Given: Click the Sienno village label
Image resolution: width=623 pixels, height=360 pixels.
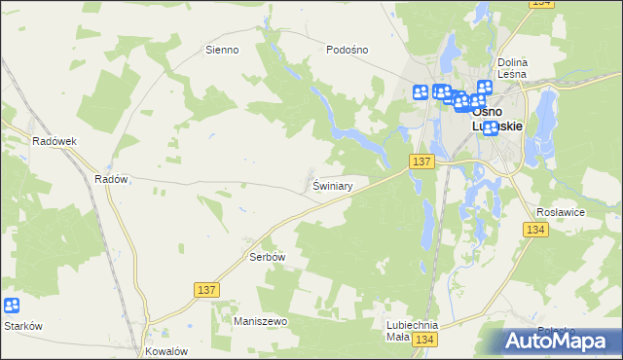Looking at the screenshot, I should tap(222, 49).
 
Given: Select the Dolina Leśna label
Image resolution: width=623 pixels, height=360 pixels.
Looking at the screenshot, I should tap(512, 67).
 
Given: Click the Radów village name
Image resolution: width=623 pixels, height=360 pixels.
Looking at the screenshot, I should tap(111, 179).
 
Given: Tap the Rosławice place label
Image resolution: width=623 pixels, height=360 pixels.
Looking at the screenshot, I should tap(560, 211).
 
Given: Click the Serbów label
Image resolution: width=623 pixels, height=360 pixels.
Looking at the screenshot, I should tap(266, 257).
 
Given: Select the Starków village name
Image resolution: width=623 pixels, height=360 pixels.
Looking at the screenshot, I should tap(23, 326).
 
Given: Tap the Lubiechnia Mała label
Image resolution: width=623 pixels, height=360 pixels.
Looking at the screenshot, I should tap(412, 331).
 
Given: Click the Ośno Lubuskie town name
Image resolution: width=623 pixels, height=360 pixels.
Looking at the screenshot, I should tap(497, 118).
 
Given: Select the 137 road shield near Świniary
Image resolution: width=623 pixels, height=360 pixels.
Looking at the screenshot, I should tap(421, 162).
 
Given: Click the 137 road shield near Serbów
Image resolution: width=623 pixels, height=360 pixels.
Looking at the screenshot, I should tap(205, 290).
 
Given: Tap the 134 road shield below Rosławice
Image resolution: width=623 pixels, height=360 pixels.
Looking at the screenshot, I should tap(534, 230).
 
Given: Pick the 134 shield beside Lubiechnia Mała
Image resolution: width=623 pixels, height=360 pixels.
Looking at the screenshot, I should tap(423, 340).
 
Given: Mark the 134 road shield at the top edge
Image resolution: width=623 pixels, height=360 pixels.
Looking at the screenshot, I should tap(543, 4).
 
